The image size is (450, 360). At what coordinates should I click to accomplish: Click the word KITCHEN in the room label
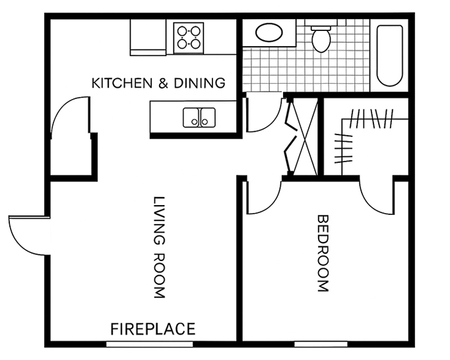pyautogui.click(x=122, y=83)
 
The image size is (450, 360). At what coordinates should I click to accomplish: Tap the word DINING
pyautogui.click(x=199, y=83)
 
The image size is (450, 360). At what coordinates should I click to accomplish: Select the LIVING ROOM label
pyautogui.click(x=160, y=247)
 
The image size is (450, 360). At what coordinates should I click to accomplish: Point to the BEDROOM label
pyautogui.click(x=323, y=254)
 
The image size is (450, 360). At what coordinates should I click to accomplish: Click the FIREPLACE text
pyautogui.click(x=153, y=329)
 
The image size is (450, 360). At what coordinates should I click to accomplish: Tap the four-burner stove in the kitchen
pyautogui.click(x=189, y=38)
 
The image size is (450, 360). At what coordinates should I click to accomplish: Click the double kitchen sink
pyautogui.click(x=199, y=117)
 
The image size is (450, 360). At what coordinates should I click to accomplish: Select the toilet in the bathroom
pyautogui.click(x=321, y=38)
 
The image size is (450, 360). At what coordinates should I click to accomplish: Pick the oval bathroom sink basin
pyautogui.click(x=269, y=33)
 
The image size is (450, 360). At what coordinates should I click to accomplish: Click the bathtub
pyautogui.click(x=389, y=55)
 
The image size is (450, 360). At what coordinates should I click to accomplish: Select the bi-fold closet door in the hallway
pyautogui.click(x=290, y=136)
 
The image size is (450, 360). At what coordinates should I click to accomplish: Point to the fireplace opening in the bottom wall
pyautogui.click(x=150, y=344)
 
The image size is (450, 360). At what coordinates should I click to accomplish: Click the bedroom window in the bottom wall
pyautogui.click(x=321, y=344)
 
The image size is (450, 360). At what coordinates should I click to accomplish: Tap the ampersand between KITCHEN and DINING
pyautogui.click(x=163, y=83)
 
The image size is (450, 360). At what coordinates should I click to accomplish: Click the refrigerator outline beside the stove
pyautogui.click(x=148, y=37)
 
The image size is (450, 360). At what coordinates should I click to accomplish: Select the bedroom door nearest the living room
pyautogui.click(x=264, y=198)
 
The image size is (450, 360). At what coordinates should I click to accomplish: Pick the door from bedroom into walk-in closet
pyautogui.click(x=377, y=198)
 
